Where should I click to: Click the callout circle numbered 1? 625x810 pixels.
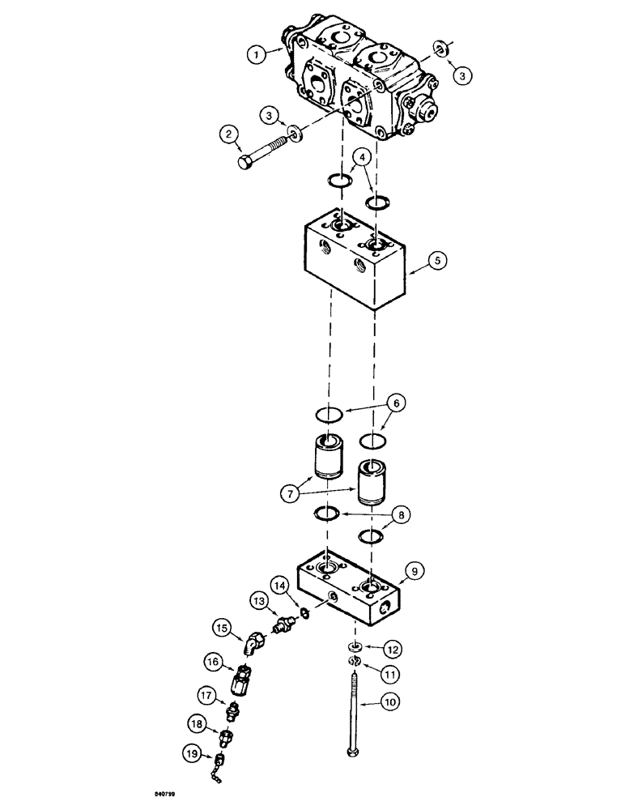point(255,55)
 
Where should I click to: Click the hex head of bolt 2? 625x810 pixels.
point(248,162)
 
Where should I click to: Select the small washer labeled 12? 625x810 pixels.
point(355,646)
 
